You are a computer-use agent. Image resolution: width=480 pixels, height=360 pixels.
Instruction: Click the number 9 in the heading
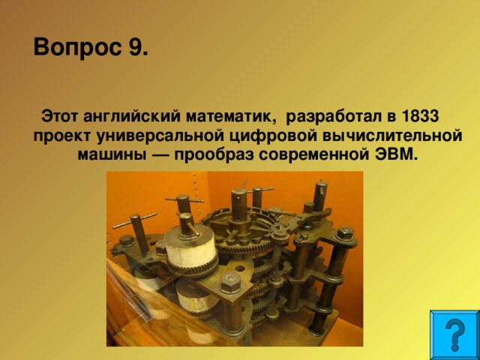[137, 49]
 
